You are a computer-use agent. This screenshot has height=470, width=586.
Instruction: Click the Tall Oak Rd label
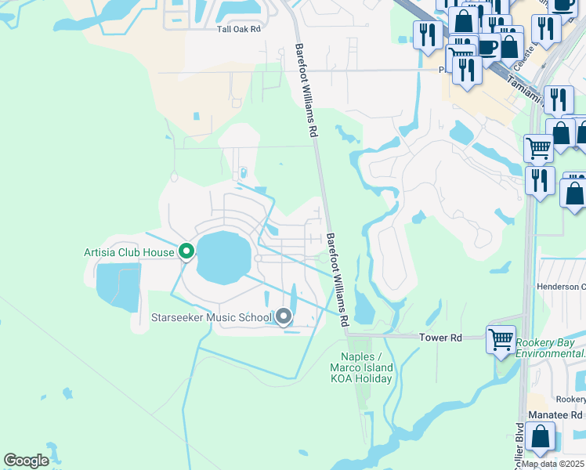pyautogui.click(x=238, y=28)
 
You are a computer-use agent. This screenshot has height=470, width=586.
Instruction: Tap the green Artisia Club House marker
pyautogui.click(x=186, y=251)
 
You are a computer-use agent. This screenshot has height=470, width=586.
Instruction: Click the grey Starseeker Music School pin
pyautogui.click(x=284, y=316)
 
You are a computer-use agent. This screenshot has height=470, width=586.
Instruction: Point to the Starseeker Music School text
pyautogui.click(x=212, y=317)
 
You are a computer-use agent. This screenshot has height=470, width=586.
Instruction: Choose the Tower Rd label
pyautogui.click(x=440, y=338)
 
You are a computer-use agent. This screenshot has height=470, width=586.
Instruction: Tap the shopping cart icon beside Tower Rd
pyautogui.click(x=501, y=339)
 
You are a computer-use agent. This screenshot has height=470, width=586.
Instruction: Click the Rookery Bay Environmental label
pyautogui.click(x=550, y=348)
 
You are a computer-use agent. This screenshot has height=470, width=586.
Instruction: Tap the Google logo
pyautogui.click(x=26, y=460)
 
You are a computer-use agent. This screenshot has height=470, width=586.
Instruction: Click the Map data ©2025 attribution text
pyautogui.click(x=553, y=464)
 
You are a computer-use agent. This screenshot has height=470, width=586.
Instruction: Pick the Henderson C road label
pyautogui.click(x=561, y=287)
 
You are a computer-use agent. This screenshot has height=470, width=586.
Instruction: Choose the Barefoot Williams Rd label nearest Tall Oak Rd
pyautogui.click(x=306, y=91)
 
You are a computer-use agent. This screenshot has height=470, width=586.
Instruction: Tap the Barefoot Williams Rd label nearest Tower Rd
pyautogui.click(x=337, y=279)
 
